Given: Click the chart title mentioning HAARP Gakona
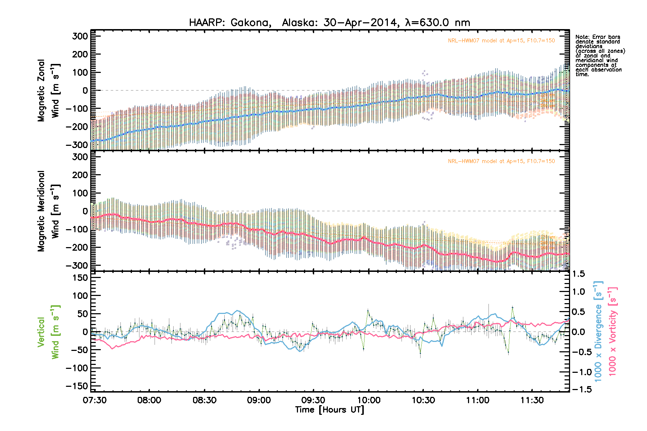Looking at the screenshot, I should tap(329, 23).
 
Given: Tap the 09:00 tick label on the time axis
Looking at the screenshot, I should tap(259, 400).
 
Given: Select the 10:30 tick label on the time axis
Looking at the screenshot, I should tap(423, 400).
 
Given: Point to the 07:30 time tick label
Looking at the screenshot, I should tap(95, 400).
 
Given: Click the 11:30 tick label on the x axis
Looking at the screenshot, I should tap(532, 400).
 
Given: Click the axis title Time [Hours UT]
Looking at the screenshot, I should tap(329, 410).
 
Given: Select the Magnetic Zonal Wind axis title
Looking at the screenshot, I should tap(48, 90).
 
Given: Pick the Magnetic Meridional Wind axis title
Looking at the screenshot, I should tap(48, 211).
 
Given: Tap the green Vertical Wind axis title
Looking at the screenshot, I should tap(48, 332).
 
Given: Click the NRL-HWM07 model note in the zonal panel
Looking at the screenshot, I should tap(501, 41).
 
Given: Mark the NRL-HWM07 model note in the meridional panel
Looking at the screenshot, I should tap(501, 161).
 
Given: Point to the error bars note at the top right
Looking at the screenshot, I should tap(600, 55).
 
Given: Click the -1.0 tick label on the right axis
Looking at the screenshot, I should tap(580, 372).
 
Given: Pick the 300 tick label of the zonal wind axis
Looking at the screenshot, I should tap(80, 36).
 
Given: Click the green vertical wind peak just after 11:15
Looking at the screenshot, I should tap(513, 308).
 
